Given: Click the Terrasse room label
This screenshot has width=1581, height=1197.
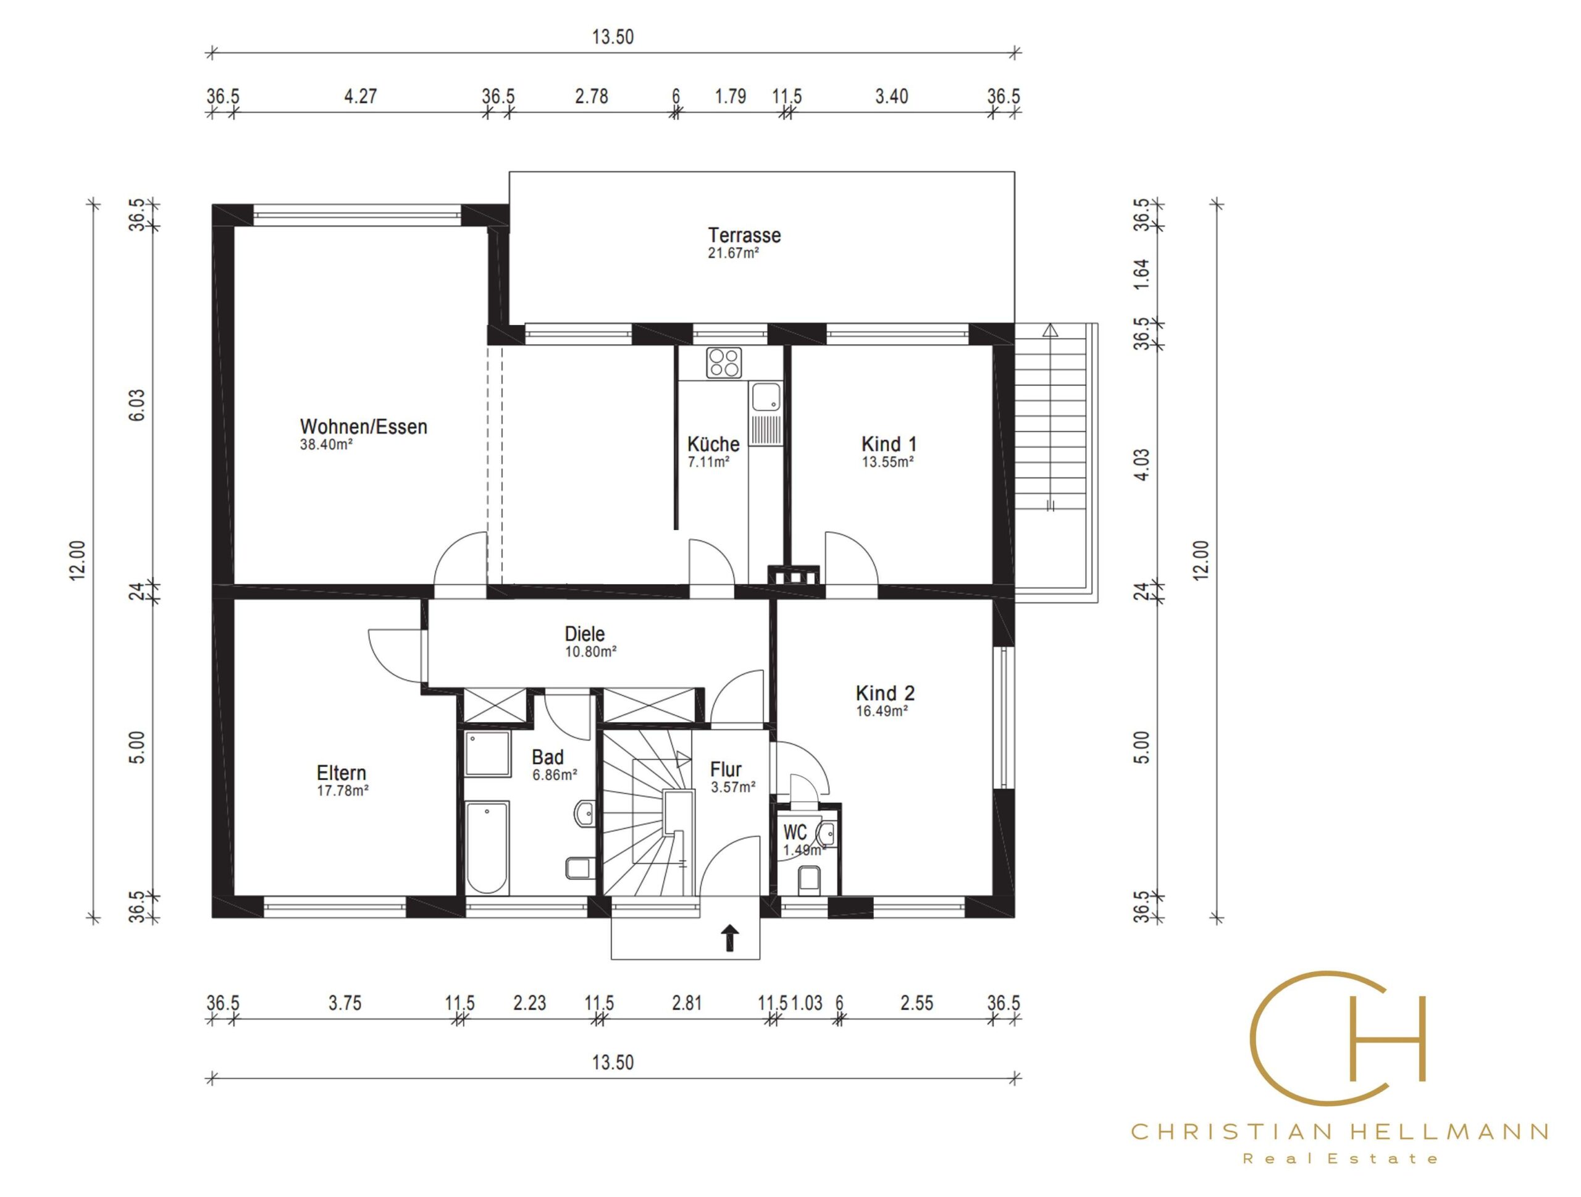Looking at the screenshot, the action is pyautogui.click(x=744, y=235).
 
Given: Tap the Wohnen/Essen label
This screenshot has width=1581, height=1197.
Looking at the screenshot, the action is pyautogui.click(x=363, y=427).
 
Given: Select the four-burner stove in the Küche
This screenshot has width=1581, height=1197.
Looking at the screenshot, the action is pyautogui.click(x=724, y=363).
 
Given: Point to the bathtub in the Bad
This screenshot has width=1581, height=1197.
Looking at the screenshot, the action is pyautogui.click(x=487, y=847).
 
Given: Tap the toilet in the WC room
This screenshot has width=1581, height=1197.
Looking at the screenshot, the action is pyautogui.click(x=808, y=880).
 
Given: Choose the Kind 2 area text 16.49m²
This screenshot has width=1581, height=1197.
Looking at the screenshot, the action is pyautogui.click(x=882, y=711).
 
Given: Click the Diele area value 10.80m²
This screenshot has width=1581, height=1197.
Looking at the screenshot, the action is pyautogui.click(x=590, y=652).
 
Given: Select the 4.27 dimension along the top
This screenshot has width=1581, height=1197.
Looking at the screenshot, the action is pyautogui.click(x=360, y=96).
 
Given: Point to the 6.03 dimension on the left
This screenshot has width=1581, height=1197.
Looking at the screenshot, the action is pyautogui.click(x=136, y=405).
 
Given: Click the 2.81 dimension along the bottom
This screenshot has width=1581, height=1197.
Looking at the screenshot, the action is pyautogui.click(x=686, y=1003).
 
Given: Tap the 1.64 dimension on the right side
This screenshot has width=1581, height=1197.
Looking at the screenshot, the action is pyautogui.click(x=1141, y=274).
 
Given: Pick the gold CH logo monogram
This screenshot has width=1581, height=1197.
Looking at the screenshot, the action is pyautogui.click(x=1337, y=1038).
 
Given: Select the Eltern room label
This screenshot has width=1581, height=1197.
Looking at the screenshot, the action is pyautogui.click(x=341, y=773).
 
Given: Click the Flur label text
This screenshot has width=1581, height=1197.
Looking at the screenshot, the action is pyautogui.click(x=726, y=769).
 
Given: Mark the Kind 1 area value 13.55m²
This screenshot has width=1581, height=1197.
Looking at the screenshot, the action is pyautogui.click(x=887, y=461).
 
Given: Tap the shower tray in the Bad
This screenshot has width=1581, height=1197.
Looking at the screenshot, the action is pyautogui.click(x=487, y=753).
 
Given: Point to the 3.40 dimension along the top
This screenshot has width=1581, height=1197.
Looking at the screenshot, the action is pyautogui.click(x=891, y=96).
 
